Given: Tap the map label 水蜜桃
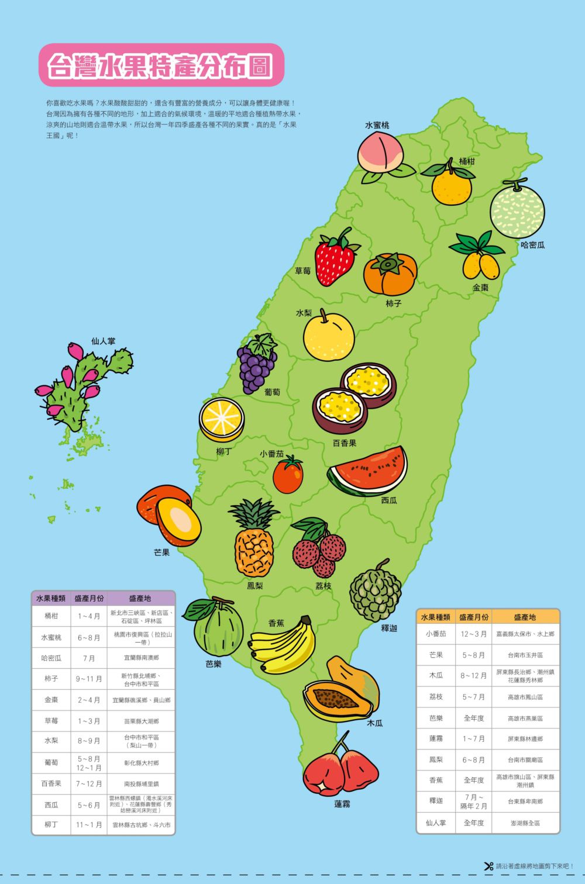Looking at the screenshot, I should point(377,125).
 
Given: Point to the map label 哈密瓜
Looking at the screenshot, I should point(532,245).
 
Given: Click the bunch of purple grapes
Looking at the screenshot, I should point(256,366).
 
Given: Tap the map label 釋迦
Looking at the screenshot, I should point(389,628).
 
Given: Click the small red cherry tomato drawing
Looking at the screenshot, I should point(288,475).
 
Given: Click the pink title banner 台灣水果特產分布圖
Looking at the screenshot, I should point(160,66).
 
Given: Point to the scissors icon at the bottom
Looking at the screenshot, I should point(488,866).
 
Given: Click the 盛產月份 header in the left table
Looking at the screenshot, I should point(89,599).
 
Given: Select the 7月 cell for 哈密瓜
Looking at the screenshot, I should point(89,658).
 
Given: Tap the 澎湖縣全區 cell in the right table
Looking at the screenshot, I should point(525,823).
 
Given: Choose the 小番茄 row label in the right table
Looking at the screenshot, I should point(436,634).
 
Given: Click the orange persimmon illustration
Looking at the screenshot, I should point(390,274).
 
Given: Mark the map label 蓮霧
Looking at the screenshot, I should point(342,804).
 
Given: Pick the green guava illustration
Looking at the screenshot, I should point(217,629).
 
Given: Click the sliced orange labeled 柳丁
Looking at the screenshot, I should point(222,419).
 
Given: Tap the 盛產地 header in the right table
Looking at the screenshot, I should point(525,617).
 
